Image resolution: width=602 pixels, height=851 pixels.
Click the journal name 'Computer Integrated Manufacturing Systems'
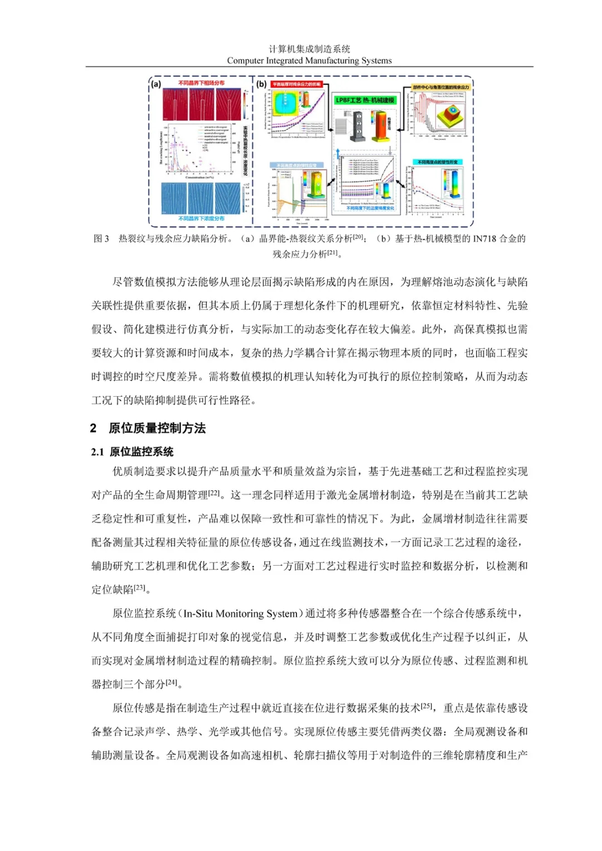(309, 61)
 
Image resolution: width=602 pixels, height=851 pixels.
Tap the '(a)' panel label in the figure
(156, 84)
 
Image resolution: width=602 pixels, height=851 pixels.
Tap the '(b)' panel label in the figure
(262, 84)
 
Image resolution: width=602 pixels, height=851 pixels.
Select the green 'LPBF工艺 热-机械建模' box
(365, 100)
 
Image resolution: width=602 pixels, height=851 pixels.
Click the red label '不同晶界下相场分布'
(201, 83)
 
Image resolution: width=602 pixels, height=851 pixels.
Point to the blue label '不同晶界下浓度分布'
(201, 218)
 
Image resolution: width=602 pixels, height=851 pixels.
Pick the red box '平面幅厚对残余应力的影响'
(297, 84)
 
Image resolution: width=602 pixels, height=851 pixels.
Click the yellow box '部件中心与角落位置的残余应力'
(441, 87)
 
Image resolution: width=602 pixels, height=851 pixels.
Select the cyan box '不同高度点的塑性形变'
(438, 162)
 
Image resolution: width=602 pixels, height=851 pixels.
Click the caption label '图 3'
(101, 239)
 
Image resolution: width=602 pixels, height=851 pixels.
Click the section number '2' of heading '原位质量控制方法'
(93, 428)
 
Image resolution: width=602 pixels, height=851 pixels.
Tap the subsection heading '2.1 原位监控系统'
(133, 451)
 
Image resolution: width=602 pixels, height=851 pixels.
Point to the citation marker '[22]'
(214, 493)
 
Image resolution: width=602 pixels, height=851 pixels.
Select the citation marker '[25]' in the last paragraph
(427, 706)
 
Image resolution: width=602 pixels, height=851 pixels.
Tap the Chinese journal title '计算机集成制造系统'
(309, 49)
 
